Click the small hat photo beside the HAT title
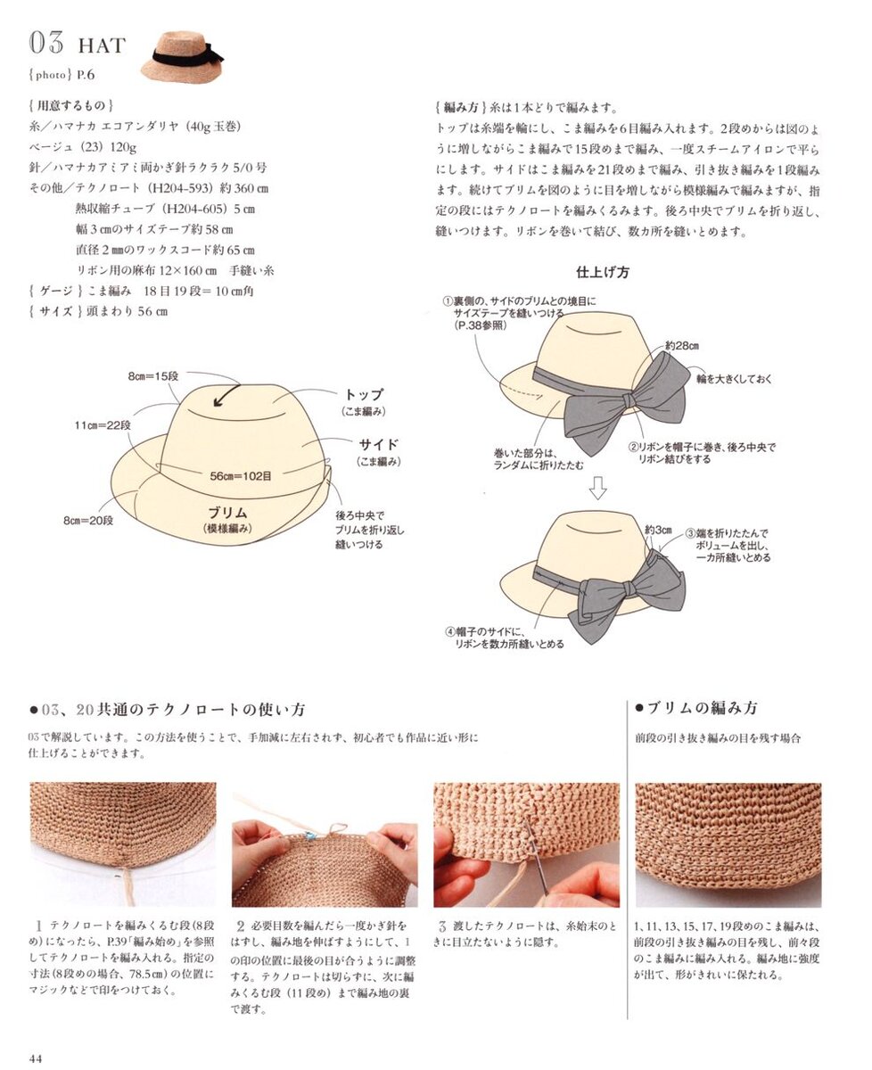click(x=183, y=56)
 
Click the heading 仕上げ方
click(x=602, y=272)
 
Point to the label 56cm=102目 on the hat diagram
click(x=241, y=476)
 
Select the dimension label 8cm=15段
click(x=153, y=376)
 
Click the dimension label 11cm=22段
click(x=103, y=425)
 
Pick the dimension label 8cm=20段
click(x=88, y=521)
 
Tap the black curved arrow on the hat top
click(x=226, y=395)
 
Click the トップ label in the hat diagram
click(x=364, y=394)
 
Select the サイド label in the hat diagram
click(x=379, y=444)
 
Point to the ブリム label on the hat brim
click(x=227, y=513)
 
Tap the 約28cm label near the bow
click(x=681, y=346)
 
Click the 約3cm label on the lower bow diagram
click(x=658, y=530)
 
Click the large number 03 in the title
click(x=46, y=42)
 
